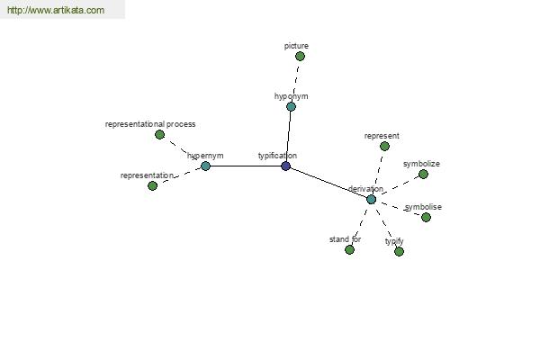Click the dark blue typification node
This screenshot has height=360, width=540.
click(x=286, y=166)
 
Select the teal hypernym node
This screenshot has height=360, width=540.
click(x=205, y=166)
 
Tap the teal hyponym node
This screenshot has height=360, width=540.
click(x=291, y=106)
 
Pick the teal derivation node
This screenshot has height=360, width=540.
click(x=371, y=199)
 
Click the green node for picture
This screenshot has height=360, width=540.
click(x=300, y=56)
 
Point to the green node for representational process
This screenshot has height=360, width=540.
click(x=159, y=135)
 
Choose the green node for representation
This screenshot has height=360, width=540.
click(x=153, y=185)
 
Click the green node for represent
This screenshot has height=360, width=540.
click(x=384, y=147)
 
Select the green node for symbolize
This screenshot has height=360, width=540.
click(x=423, y=175)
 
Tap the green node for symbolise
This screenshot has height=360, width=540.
click(x=426, y=218)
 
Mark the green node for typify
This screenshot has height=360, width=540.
click(x=399, y=252)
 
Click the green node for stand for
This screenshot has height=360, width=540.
click(x=349, y=250)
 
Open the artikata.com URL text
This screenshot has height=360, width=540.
click(x=56, y=10)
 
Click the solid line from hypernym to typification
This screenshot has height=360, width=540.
click(x=246, y=166)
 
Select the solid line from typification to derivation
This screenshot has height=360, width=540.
click(x=328, y=183)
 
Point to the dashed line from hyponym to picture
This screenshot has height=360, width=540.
click(x=295, y=81)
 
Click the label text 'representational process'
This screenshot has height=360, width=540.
click(x=150, y=124)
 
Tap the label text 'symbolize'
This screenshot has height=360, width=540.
click(x=421, y=164)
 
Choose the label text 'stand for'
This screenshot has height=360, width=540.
click(x=345, y=239)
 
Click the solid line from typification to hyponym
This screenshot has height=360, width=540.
click(x=289, y=136)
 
